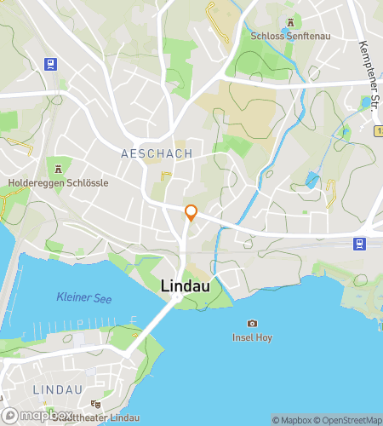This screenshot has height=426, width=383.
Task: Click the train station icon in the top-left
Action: (x=52, y=63)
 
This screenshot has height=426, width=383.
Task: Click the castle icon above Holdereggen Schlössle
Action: (x=58, y=169)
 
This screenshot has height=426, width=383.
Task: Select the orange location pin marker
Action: (x=191, y=213)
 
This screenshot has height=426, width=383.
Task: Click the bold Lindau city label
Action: (x=186, y=288)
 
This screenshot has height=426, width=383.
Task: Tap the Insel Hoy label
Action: (x=252, y=337)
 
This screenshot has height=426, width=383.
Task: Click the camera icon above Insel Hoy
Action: (x=252, y=323)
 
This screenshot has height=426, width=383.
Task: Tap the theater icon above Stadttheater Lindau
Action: (x=96, y=403)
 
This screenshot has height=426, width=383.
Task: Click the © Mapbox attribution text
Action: (x=292, y=420)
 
